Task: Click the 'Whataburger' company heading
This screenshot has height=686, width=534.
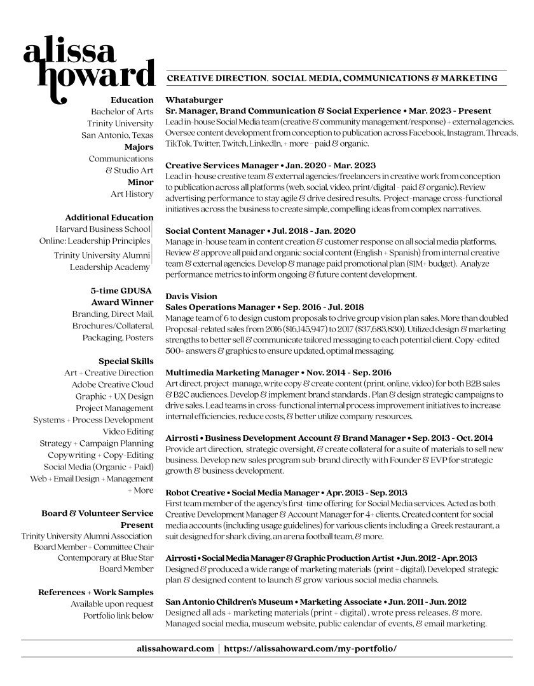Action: pos(194,100)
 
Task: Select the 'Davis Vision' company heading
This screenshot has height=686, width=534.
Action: pos(191,297)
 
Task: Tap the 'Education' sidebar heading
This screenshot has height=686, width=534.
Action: pos(132,100)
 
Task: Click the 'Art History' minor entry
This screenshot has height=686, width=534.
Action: pos(132,194)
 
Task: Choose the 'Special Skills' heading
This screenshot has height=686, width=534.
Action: pos(126,361)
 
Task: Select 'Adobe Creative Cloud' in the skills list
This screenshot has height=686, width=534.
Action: pos(113,384)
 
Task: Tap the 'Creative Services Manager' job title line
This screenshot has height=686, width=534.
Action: pos(270,165)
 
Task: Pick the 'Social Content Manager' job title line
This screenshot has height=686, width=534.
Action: pos(260,231)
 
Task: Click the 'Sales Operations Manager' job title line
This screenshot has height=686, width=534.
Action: pos(263,307)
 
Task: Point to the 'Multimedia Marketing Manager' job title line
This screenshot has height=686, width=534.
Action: pos(278,372)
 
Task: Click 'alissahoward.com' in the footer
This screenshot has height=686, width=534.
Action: pos(175,649)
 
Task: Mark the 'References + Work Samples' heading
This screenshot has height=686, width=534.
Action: pos(96,592)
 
